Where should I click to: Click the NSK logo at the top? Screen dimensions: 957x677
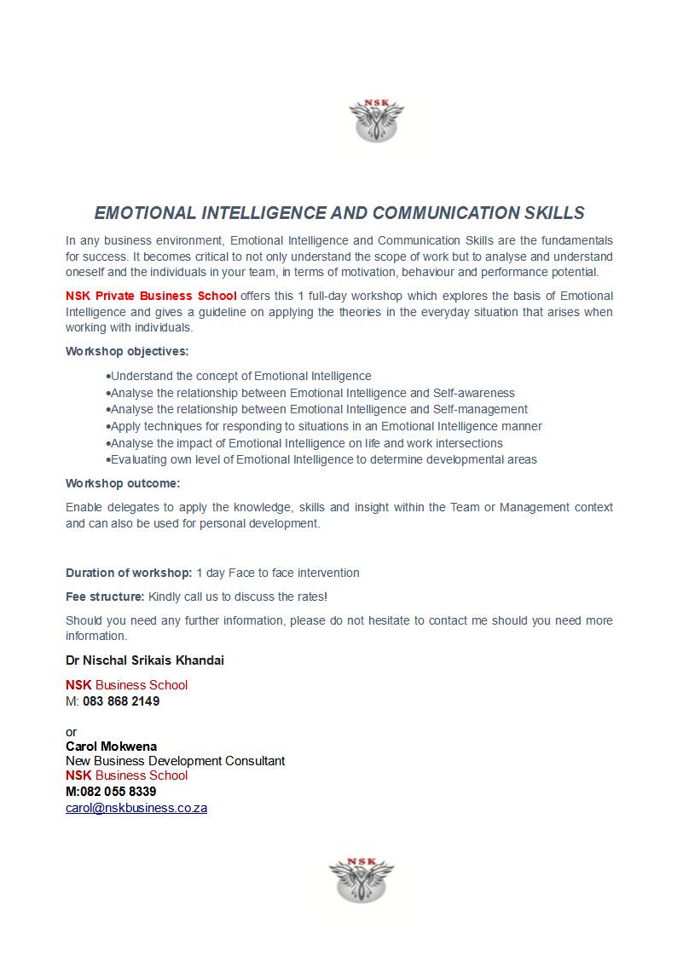point(376,120)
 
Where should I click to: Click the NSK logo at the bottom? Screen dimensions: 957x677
point(362,880)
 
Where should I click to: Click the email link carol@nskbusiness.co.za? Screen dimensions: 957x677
point(136,808)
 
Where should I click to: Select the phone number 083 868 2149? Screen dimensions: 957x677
point(121,701)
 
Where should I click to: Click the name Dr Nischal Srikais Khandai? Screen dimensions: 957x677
point(145,660)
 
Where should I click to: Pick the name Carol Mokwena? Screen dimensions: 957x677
point(111,747)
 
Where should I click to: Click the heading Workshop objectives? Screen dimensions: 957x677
point(127,351)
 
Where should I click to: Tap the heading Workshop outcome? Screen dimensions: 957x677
point(123,483)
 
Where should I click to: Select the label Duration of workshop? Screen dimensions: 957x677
point(129,573)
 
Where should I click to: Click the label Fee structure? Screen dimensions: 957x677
point(105,597)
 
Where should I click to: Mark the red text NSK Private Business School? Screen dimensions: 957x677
point(151,296)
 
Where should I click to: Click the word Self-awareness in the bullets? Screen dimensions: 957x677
point(474,393)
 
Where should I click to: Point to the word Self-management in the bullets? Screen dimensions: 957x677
point(481,409)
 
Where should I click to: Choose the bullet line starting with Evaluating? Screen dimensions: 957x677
point(322,459)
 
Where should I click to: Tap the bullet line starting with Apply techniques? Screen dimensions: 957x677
point(325,426)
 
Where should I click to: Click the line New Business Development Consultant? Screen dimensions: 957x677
point(176,761)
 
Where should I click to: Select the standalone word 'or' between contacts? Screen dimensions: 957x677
point(71,732)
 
